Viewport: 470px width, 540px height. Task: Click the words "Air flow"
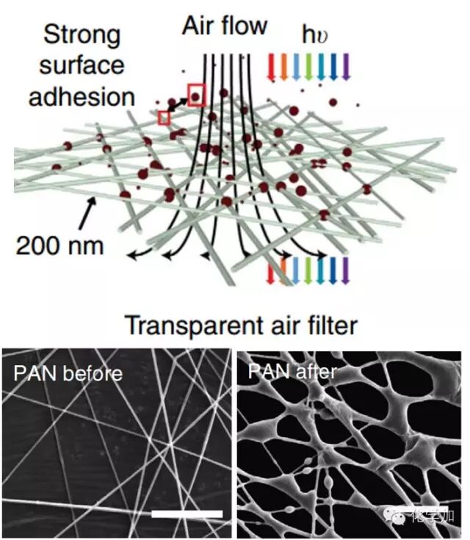click(x=225, y=26)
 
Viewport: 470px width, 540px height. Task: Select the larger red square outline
click(x=196, y=95)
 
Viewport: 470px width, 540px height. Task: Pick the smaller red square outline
click(x=164, y=118)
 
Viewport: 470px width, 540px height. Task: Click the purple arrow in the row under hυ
click(x=345, y=65)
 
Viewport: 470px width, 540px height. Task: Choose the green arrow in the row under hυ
click(x=308, y=65)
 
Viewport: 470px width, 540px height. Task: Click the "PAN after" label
click(x=292, y=371)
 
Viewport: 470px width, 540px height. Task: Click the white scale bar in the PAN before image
click(x=187, y=511)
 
